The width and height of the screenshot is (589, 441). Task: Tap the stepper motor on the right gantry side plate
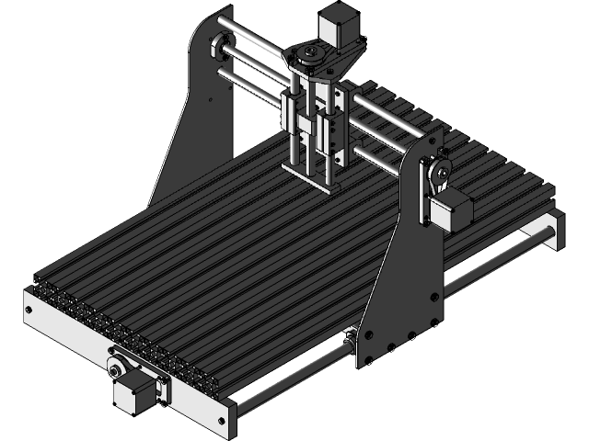coord(455,209)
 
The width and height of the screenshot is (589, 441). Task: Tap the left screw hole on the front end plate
coord(31,312)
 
